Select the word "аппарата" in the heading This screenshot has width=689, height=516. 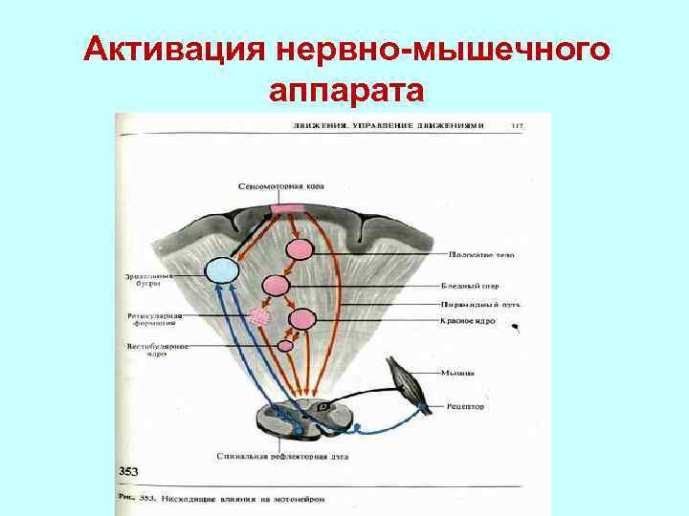[345, 91]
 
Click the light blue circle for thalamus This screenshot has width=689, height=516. [221, 270]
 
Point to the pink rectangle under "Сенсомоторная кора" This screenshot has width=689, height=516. [288, 208]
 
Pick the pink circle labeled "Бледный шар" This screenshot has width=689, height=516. [276, 285]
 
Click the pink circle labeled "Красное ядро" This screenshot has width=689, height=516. [302, 319]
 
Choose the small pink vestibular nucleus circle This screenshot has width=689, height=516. [284, 345]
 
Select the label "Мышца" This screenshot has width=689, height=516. [455, 373]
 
